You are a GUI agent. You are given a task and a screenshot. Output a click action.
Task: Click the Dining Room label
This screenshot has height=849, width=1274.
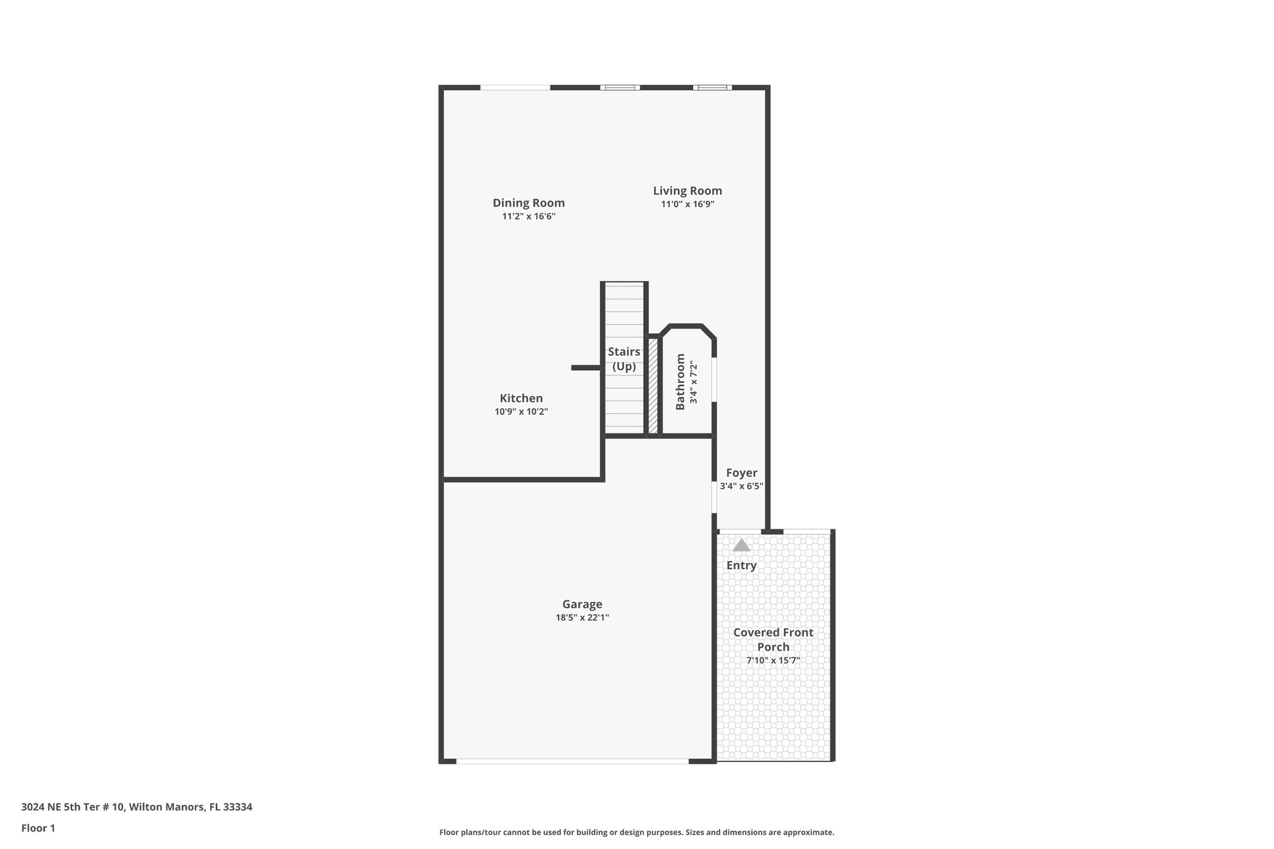click(529, 203)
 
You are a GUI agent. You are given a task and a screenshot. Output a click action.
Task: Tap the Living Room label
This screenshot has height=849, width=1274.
click(687, 191)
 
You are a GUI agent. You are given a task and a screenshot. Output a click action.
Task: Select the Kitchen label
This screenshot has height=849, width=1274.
click(521, 398)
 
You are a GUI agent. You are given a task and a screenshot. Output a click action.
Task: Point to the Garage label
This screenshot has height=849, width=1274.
click(582, 604)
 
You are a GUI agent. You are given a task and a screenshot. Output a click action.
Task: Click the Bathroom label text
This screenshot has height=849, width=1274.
click(681, 382)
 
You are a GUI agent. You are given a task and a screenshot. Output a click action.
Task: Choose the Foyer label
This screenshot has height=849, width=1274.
click(742, 473)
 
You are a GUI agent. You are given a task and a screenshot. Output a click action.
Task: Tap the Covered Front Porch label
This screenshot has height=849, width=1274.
click(773, 639)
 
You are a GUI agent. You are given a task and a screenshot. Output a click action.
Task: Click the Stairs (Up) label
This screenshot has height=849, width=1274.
click(624, 359)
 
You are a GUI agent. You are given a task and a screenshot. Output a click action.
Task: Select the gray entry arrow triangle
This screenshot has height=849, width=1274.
click(741, 545)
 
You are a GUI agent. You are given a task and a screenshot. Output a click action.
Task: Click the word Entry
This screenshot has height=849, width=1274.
click(742, 565)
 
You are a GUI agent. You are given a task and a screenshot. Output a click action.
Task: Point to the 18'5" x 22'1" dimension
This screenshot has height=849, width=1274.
click(582, 618)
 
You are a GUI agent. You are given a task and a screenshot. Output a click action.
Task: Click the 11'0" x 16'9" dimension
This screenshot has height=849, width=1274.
click(687, 204)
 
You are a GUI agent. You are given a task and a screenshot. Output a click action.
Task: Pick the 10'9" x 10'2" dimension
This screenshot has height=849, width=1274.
click(521, 412)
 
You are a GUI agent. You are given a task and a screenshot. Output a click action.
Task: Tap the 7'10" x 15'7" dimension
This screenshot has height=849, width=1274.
click(773, 661)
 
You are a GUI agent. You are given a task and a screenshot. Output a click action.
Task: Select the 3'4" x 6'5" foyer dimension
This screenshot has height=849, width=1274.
click(742, 486)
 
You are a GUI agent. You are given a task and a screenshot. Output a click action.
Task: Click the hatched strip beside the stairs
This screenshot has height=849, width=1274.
click(653, 386)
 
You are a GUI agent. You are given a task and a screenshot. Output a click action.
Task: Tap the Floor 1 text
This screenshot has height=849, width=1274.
click(39, 828)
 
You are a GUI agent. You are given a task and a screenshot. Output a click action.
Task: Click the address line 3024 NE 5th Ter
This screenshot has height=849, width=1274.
click(137, 807)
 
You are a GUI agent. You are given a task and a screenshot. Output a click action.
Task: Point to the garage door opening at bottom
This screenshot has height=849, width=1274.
click(572, 761)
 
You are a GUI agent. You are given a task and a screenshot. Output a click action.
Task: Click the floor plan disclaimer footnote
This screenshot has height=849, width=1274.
click(636, 832)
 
